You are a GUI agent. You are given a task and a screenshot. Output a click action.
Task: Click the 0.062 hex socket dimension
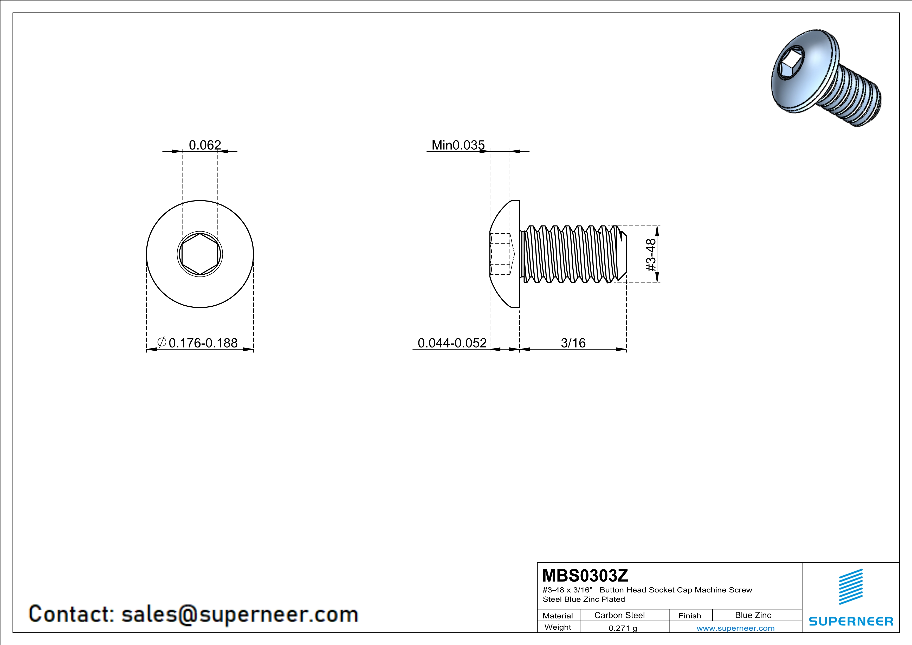click(x=205, y=145)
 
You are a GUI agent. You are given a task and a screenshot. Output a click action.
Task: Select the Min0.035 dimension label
click(x=458, y=145)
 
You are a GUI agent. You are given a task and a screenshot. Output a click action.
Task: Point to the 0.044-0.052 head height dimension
click(x=452, y=343)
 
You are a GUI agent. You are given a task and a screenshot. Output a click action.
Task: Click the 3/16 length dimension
click(x=573, y=343)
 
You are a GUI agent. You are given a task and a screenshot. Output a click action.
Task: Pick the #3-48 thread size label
click(x=651, y=255)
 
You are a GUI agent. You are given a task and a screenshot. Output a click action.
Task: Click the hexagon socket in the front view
click(x=200, y=254)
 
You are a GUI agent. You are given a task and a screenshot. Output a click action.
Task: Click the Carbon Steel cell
click(x=619, y=615)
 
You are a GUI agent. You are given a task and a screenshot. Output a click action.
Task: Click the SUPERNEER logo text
click(x=851, y=621)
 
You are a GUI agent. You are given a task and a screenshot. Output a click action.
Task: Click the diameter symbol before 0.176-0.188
click(x=162, y=342)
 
